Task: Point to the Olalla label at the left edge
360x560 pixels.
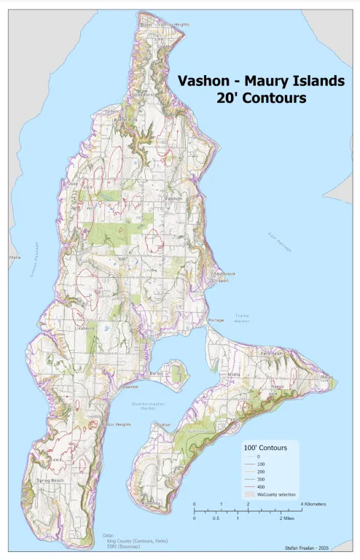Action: (x=15, y=257)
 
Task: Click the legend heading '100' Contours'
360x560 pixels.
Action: (x=267, y=446)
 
